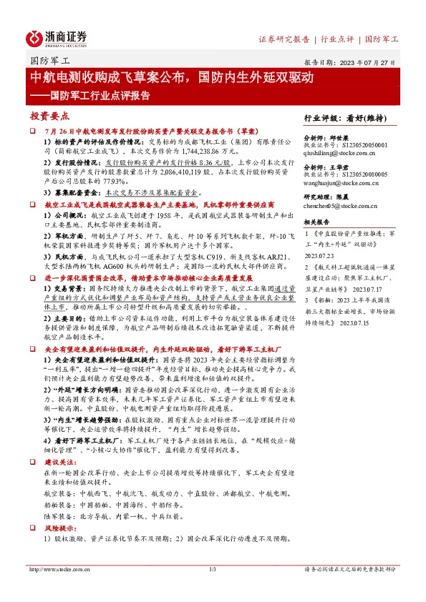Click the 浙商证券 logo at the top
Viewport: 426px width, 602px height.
[57, 38]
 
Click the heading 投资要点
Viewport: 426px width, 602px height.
[50, 116]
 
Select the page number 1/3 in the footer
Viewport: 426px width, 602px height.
[213, 569]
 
